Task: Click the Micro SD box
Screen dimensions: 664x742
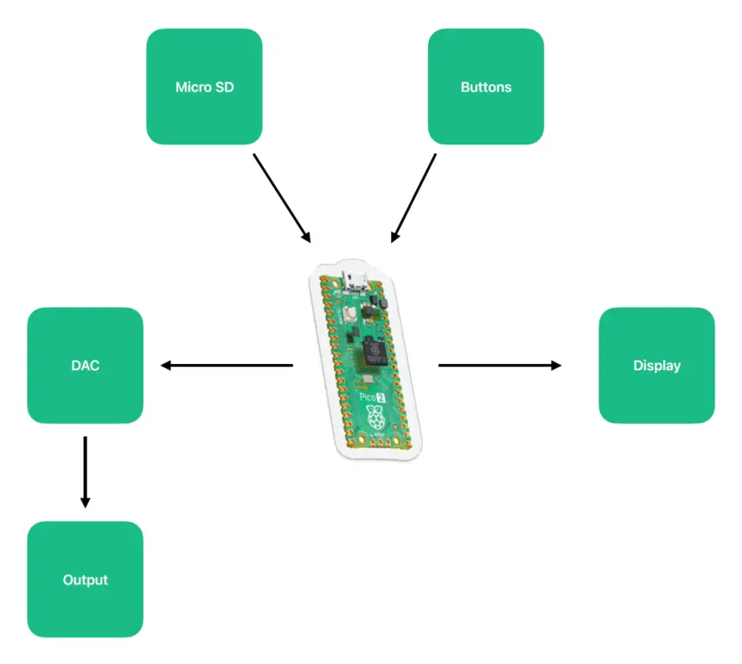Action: click(x=204, y=86)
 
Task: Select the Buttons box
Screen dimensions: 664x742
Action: click(x=485, y=86)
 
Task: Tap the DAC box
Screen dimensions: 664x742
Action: click(x=85, y=365)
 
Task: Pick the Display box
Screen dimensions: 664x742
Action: click(x=656, y=365)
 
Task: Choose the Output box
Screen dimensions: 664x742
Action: click(x=85, y=579)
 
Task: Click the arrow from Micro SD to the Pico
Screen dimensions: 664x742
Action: click(x=281, y=198)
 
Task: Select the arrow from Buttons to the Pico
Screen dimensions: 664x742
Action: click(x=414, y=198)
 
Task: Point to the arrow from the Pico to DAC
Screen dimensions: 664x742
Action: click(x=227, y=365)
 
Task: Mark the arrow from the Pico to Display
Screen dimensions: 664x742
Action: click(x=499, y=365)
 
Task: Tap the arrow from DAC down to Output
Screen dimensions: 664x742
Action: click(x=85, y=471)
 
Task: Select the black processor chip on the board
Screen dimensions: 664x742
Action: click(x=374, y=349)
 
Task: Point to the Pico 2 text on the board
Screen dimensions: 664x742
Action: click(x=372, y=397)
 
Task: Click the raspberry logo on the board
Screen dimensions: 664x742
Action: click(x=375, y=420)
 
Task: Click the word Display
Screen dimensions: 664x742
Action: click(x=656, y=365)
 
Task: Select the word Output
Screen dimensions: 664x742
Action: click(x=85, y=579)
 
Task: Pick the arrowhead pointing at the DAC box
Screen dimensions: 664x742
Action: click(x=167, y=365)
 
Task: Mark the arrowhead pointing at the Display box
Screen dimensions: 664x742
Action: click(x=556, y=365)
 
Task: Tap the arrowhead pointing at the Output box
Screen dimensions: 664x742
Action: click(x=85, y=502)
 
